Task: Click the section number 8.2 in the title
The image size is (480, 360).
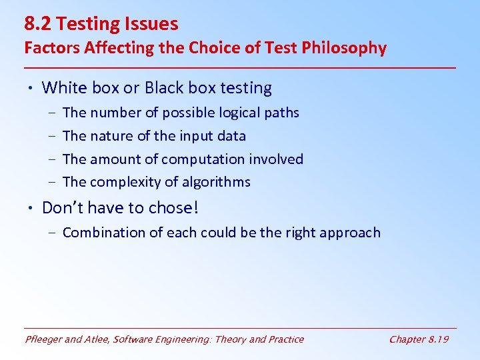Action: tap(38, 24)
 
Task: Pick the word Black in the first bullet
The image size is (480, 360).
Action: tap(165, 88)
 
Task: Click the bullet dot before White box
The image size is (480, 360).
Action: tap(31, 88)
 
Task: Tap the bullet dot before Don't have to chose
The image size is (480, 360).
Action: tap(31, 208)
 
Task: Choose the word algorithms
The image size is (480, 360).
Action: tap(218, 182)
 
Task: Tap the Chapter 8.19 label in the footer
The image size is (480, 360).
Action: tap(419, 339)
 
